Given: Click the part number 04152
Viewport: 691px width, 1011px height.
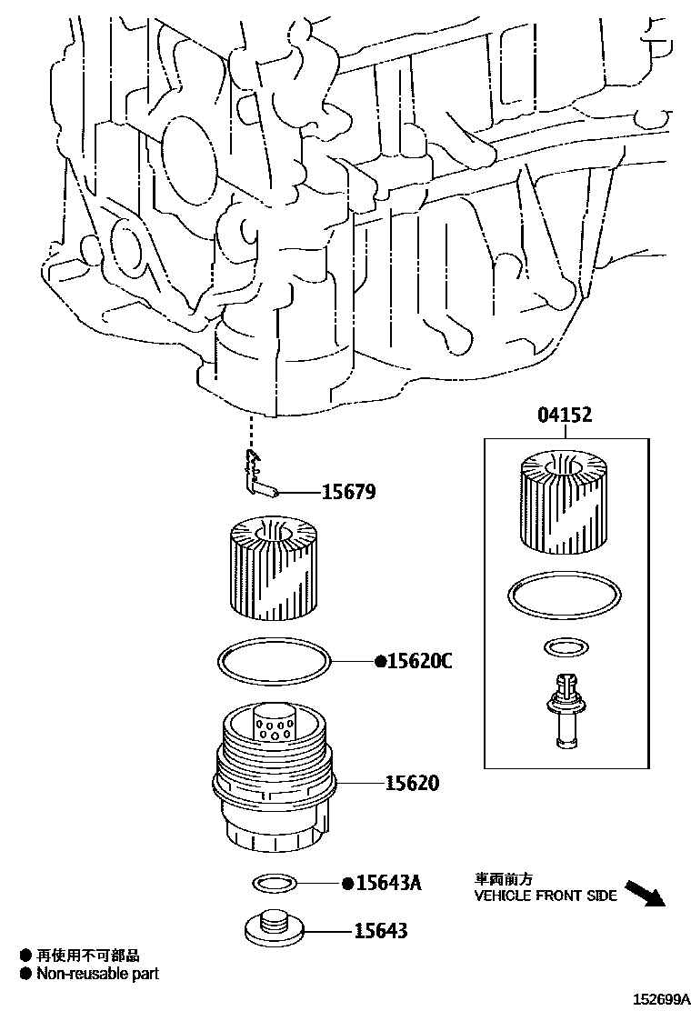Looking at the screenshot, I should [x=564, y=416].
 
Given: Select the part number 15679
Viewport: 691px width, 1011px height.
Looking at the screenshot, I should [x=348, y=493].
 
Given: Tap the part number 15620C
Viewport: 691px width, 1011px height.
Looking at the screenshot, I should [x=419, y=661].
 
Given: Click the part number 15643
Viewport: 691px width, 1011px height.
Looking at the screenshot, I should [x=381, y=930].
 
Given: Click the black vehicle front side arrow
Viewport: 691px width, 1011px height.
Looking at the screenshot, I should [x=646, y=894].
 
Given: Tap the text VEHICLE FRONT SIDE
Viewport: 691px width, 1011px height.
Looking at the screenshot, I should [x=546, y=896].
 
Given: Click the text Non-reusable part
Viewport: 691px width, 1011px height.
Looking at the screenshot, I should [x=97, y=974].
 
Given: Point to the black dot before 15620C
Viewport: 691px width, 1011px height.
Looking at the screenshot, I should [x=381, y=662].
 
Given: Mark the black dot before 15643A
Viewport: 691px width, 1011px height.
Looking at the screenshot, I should [x=347, y=883].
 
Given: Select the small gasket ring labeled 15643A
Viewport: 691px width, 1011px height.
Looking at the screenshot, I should [x=271, y=881].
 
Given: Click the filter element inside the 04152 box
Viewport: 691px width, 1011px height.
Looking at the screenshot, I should [x=564, y=503].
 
